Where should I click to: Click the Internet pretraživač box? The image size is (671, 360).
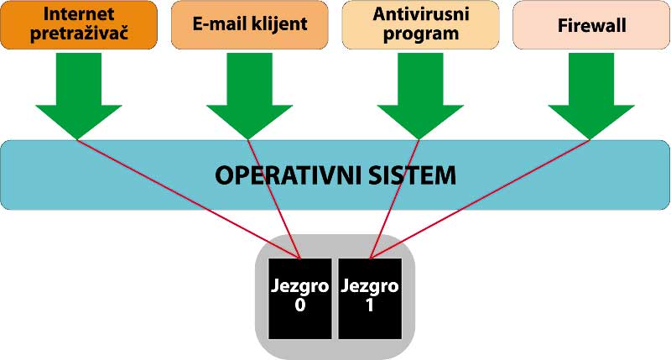pyautogui.click(x=79, y=25)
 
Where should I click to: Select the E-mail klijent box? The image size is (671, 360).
pyautogui.click(x=249, y=25)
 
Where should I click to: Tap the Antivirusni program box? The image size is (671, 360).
pyautogui.click(x=421, y=25)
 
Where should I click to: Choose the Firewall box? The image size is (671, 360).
pyautogui.click(x=591, y=25)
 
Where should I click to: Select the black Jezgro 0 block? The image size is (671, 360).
pyautogui.click(x=300, y=299)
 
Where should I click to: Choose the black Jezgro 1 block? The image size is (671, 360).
pyautogui.click(x=370, y=299)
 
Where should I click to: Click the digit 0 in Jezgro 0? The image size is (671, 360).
pyautogui.click(x=300, y=305)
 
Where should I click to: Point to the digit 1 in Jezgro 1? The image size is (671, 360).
pyautogui.click(x=370, y=305)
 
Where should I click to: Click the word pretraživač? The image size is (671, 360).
pyautogui.click(x=79, y=33)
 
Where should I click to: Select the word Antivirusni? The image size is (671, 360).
pyautogui.click(x=421, y=14)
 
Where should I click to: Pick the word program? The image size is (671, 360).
pyautogui.click(x=421, y=34)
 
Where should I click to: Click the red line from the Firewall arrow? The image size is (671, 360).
pyautogui.click(x=480, y=199)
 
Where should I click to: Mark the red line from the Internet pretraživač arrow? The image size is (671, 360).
pyautogui.click(x=190, y=199)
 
